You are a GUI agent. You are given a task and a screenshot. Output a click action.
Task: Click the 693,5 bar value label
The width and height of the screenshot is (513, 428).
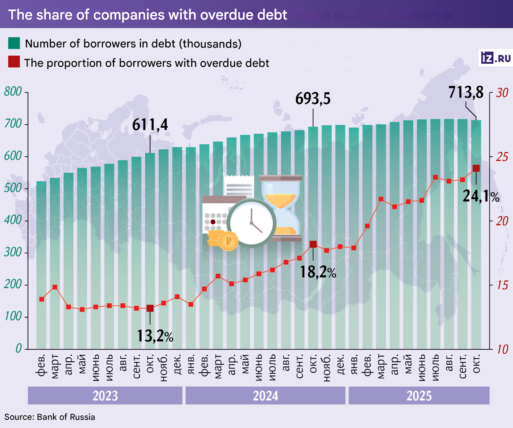(313, 99)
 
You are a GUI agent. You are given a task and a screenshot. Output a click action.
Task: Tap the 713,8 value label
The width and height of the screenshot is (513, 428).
(466, 93)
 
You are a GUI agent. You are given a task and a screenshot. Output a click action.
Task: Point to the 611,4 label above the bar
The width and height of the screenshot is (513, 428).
(150, 125)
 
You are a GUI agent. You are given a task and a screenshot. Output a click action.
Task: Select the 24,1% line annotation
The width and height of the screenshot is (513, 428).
(481, 196)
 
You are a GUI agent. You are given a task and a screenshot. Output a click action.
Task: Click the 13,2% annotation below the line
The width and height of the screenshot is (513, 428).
(155, 336)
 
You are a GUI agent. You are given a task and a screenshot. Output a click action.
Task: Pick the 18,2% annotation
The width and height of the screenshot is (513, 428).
(318, 272)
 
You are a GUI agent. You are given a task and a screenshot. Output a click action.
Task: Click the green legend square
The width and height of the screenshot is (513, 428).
(14, 43)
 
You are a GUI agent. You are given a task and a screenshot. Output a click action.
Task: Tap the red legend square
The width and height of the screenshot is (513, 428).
(14, 62)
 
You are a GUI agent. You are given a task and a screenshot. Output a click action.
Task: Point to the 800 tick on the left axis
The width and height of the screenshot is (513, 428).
(13, 92)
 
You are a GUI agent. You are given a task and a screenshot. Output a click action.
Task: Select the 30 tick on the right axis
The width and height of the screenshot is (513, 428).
(502, 93)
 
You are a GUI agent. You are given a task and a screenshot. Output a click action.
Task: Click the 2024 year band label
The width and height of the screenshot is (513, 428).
(265, 396)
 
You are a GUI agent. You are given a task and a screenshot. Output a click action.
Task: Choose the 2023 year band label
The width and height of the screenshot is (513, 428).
(105, 396)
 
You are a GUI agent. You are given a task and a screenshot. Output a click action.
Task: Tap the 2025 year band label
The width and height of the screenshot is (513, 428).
(419, 396)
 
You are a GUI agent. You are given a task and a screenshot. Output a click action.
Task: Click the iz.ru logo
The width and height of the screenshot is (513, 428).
(496, 58)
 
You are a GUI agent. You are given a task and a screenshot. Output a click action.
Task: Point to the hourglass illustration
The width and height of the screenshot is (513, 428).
(281, 207)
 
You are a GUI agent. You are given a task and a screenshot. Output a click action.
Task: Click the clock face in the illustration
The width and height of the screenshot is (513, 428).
(252, 223)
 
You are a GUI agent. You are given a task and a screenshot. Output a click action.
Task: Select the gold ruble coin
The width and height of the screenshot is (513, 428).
(228, 241)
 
